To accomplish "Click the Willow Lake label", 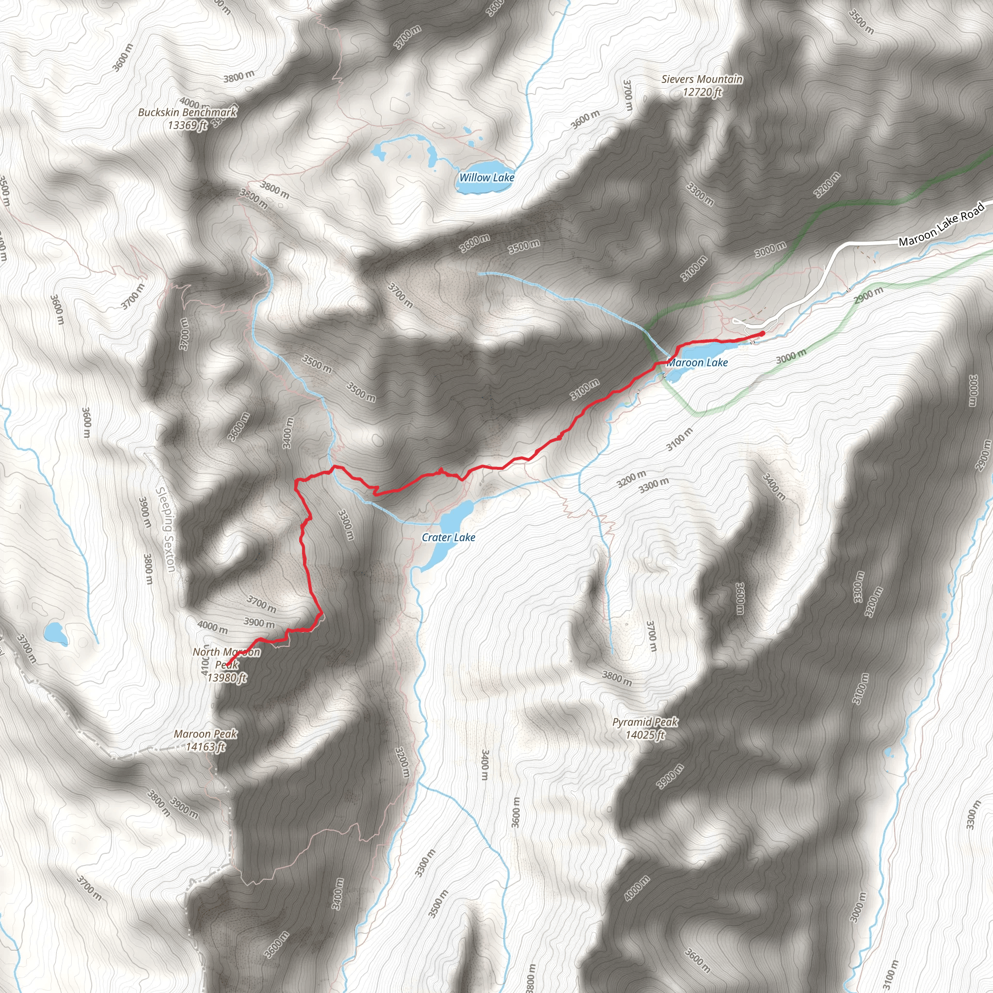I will pos(486,178).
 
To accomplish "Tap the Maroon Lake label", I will pos(697,363).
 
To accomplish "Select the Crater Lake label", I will pos(448,538).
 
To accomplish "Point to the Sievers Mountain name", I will pos(702,79).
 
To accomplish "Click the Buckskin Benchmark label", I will pos(188,112).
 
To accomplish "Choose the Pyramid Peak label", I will pos(645,722).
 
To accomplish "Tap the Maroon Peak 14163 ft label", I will pos(206,740).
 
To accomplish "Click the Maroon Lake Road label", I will pos(941,224).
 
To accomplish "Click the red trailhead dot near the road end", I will pos(762,334).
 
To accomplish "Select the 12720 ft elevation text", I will pos(702,93).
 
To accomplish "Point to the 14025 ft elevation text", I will pos(645,735).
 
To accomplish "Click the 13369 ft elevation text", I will pos(188,125).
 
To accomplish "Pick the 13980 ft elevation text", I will pos(226,677).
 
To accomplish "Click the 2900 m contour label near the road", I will pos(868,295).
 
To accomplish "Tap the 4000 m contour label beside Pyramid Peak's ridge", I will pos(637,888).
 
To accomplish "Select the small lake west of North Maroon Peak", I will pos(55,633).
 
